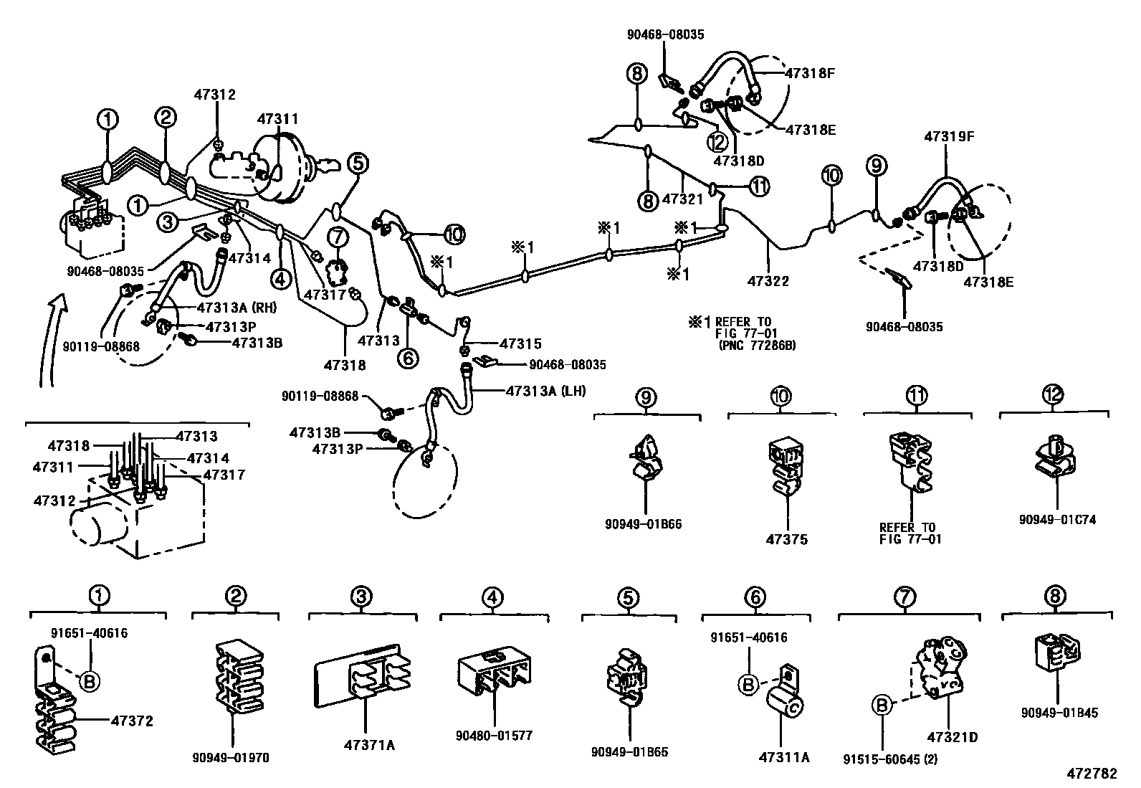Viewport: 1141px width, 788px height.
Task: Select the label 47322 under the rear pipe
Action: click(x=768, y=282)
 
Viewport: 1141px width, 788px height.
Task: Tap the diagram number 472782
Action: click(x=1091, y=774)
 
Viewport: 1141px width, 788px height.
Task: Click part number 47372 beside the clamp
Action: click(x=132, y=721)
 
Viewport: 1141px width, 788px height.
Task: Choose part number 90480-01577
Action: click(x=494, y=736)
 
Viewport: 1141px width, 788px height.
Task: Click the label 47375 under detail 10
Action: click(x=788, y=539)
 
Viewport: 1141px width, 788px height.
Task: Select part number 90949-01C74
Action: click(x=1058, y=520)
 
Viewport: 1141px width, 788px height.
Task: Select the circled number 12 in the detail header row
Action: click(x=1053, y=394)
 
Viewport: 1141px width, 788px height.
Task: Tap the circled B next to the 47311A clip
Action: click(x=748, y=685)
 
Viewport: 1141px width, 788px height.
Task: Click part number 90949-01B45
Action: click(x=1058, y=713)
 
